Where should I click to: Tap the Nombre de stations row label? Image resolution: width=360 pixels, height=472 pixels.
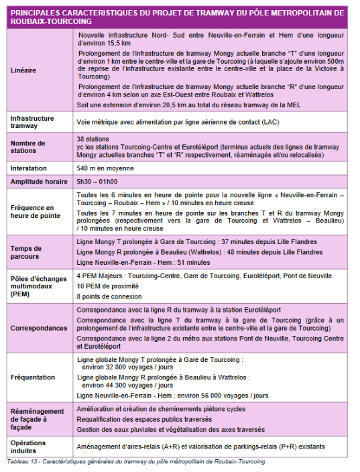[x=27, y=147]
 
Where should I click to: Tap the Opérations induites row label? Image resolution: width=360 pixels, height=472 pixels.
[x=29, y=447]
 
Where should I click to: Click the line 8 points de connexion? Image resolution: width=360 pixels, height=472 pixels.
[x=104, y=296]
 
